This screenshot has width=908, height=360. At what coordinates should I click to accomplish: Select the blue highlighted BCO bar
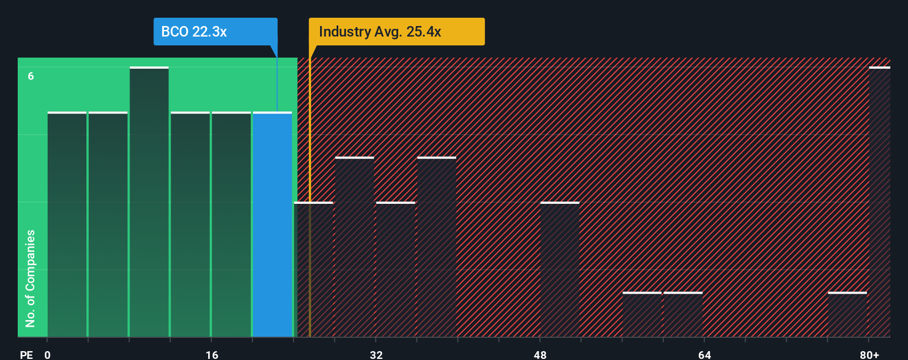pyautogui.click(x=272, y=224)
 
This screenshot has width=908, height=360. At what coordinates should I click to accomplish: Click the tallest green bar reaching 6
pyautogui.click(x=149, y=202)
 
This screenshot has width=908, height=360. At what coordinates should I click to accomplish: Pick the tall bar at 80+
pyautogui.click(x=879, y=202)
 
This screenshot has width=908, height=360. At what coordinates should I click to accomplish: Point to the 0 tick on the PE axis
pyautogui.click(x=48, y=354)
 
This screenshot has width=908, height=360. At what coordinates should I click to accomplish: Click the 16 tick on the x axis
pyautogui.click(x=212, y=354)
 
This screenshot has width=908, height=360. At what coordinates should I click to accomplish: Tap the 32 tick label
pyautogui.click(x=376, y=354)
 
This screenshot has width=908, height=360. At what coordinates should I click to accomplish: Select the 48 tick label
pyautogui.click(x=540, y=354)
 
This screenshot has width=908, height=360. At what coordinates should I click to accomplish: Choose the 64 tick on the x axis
pyautogui.click(x=704, y=354)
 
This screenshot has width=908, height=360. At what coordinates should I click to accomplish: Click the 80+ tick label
pyautogui.click(x=869, y=354)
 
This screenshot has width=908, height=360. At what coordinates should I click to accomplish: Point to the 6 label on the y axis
pyautogui.click(x=31, y=76)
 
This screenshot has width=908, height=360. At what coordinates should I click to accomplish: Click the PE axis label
pyautogui.click(x=26, y=354)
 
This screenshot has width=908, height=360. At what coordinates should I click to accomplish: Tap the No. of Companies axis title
pyautogui.click(x=30, y=278)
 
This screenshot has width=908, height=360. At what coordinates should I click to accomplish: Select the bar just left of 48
pyautogui.click(x=560, y=269)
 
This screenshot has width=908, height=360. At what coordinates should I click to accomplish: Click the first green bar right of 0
pyautogui.click(x=67, y=224)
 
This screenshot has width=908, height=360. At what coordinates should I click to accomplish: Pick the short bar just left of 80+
pyautogui.click(x=847, y=315)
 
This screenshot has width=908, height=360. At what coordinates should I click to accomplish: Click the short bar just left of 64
pyautogui.click(x=683, y=315)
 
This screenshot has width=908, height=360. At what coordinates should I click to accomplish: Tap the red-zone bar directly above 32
pyautogui.click(x=395, y=269)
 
